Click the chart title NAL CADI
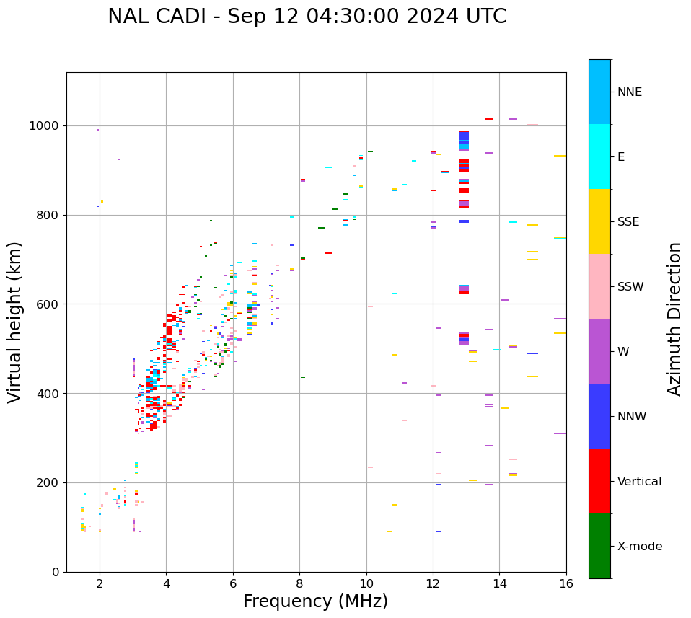coord(307,17)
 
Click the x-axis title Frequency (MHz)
coord(315,601)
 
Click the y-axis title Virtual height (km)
coord(15,322)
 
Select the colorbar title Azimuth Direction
coord(674,319)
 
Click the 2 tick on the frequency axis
coord(100,583)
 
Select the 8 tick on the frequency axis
coord(300,583)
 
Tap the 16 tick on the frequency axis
coord(566,583)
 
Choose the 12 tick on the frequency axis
coord(433,583)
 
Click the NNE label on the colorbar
coord(630,92)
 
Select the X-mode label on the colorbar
coord(640,547)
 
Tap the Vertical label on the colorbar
coord(639,482)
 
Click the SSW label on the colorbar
coord(630,287)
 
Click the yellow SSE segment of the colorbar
coord(599,221)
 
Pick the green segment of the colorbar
coord(599,546)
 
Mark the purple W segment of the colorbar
coord(599,351)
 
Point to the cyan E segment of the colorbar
coord(599,156)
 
